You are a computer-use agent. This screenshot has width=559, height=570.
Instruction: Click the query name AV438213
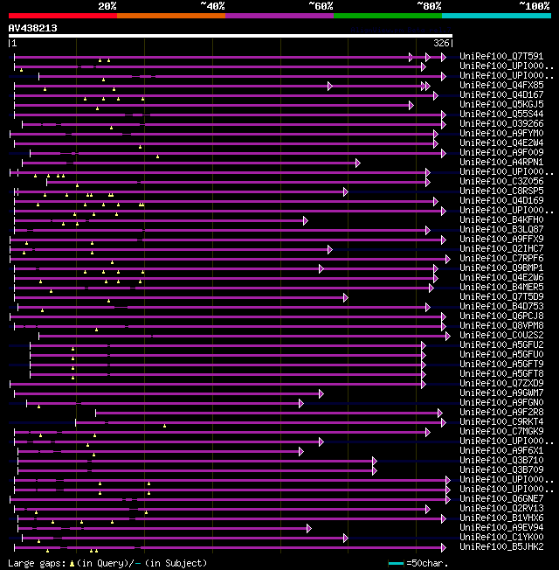[32, 28]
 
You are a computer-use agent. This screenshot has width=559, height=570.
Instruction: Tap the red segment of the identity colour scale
[62, 15]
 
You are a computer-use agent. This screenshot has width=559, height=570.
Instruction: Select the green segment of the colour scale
[387, 15]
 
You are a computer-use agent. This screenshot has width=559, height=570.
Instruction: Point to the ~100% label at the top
[534, 6]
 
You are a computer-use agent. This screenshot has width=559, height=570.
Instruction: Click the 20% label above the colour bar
[107, 6]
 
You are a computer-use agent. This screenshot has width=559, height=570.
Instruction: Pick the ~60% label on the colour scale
[320, 6]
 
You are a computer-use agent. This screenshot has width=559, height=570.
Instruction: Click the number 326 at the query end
[442, 43]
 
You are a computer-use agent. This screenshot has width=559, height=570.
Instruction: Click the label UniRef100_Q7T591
[501, 57]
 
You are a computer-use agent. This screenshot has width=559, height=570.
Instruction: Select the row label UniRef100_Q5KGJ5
[501, 105]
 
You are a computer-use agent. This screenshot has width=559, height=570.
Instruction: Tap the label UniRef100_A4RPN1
[501, 163]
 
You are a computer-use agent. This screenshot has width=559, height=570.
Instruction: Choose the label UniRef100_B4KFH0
[501, 220]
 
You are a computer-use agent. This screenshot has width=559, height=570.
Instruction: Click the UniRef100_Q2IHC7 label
[501, 249]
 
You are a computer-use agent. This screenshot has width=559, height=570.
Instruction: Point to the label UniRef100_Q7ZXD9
[501, 384]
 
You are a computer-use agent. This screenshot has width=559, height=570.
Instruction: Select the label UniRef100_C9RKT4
[501, 422]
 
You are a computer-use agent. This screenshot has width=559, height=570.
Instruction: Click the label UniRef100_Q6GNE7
[501, 499]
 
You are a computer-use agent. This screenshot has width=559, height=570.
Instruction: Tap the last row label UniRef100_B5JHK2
[501, 547]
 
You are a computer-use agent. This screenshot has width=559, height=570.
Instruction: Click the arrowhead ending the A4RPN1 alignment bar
[357, 163]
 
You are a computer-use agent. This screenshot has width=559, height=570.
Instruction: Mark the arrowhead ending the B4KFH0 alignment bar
[306, 220]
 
